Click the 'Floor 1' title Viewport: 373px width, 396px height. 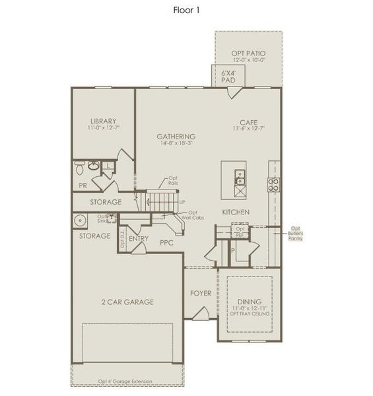[187, 11]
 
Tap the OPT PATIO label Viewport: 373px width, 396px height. [248, 53]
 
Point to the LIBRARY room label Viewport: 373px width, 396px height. [103, 121]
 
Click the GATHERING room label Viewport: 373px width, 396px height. [176, 137]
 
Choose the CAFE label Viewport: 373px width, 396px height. [248, 122]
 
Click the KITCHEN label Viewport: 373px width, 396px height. [235, 212]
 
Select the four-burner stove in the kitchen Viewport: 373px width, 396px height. [273, 184]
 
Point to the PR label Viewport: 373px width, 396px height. [84, 185]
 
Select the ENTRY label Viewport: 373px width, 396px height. [139, 238]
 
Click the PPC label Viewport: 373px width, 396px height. [166, 242]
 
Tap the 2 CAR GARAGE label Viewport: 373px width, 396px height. [127, 302]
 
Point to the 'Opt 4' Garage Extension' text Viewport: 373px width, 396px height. [125, 381]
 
